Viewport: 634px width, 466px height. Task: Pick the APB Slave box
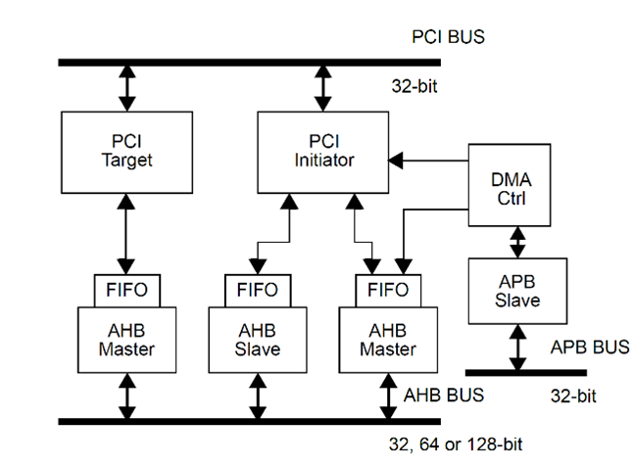coord(516,291)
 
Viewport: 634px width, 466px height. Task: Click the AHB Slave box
coord(259,338)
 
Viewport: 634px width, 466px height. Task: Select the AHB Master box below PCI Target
coord(124,338)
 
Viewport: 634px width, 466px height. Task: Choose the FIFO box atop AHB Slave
coord(258,290)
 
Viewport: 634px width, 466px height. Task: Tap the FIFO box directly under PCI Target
coord(124,290)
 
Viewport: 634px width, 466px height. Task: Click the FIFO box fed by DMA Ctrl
coord(387,290)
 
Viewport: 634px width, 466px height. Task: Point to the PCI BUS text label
coord(448,38)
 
